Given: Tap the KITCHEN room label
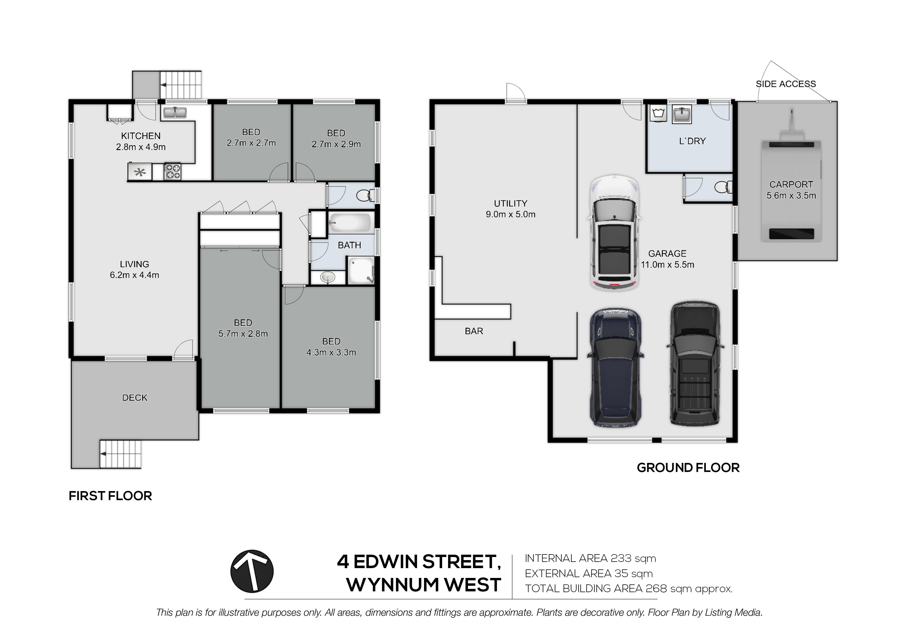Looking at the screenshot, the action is [x=141, y=136].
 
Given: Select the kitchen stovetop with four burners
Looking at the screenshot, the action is [x=172, y=172].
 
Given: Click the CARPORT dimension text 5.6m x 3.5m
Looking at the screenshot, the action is [x=791, y=195].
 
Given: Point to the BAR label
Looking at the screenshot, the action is [x=474, y=331].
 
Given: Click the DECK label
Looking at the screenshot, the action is [x=135, y=398].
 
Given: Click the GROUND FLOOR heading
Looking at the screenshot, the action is [x=688, y=468].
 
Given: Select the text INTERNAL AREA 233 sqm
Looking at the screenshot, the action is [x=590, y=559].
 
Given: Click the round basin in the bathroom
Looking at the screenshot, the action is [x=328, y=277].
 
